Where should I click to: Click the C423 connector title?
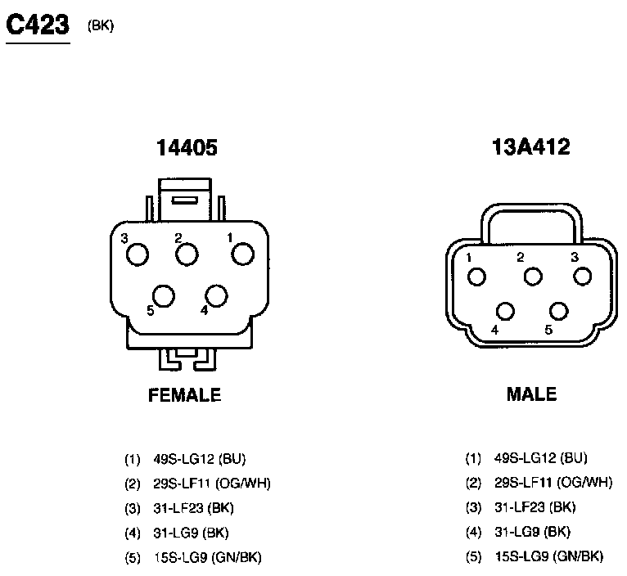[38, 25]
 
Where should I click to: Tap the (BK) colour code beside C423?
[101, 26]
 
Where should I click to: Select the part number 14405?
[187, 147]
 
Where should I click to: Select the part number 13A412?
[531, 146]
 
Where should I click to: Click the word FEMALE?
[185, 395]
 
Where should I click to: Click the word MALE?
[531, 394]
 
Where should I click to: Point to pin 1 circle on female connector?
[243, 254]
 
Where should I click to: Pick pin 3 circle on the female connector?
[138, 254]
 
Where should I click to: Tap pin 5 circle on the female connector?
[164, 296]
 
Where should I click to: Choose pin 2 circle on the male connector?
[533, 277]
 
